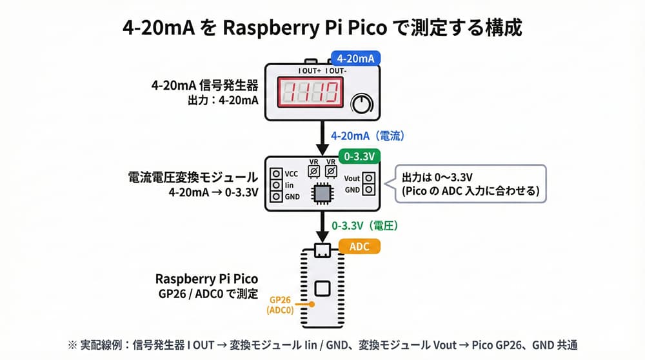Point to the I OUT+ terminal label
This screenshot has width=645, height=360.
click(x=310, y=70)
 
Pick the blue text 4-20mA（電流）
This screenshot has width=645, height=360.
click(x=367, y=136)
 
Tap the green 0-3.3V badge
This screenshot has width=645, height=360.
click(x=359, y=156)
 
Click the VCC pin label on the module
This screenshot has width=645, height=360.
click(x=291, y=174)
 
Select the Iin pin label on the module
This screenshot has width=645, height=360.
click(x=290, y=185)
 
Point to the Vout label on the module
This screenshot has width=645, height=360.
click(x=352, y=178)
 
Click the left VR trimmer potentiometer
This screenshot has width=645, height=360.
click(x=314, y=172)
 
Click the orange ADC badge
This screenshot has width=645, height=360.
click(x=359, y=246)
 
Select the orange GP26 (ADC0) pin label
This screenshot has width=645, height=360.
click(x=281, y=305)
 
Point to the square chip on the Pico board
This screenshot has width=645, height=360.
click(x=322, y=288)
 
